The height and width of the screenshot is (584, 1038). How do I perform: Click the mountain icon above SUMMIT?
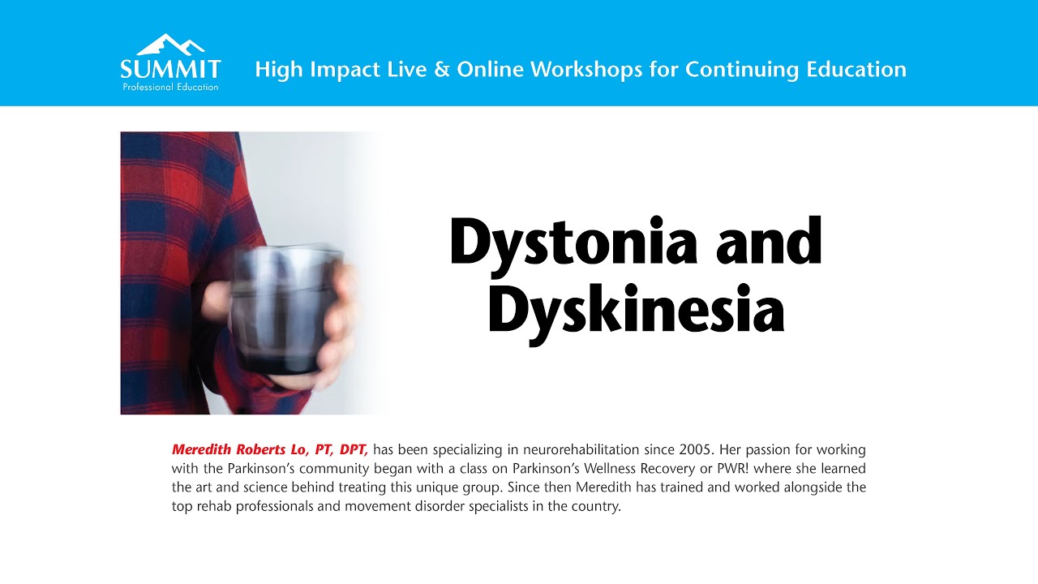click(x=170, y=44)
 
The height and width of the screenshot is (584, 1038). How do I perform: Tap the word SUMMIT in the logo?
click(x=170, y=68)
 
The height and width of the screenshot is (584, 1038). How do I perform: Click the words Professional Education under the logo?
click(x=170, y=87)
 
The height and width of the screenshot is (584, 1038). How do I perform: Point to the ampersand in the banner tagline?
click(x=441, y=70)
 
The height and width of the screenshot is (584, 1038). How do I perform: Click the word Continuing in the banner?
click(x=741, y=70)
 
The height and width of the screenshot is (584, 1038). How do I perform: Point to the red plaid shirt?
click(x=178, y=243)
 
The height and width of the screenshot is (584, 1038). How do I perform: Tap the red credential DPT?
click(x=354, y=449)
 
